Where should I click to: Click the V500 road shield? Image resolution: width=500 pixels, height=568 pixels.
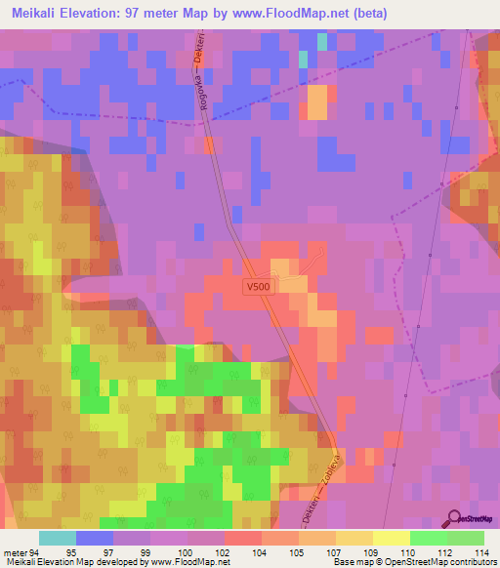tap(258, 287)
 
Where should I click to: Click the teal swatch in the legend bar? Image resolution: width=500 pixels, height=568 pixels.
tap(58, 538)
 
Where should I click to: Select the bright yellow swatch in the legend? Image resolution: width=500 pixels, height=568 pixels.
tap(392, 538)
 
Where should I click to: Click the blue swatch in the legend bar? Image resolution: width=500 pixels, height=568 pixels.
tap(95, 538)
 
